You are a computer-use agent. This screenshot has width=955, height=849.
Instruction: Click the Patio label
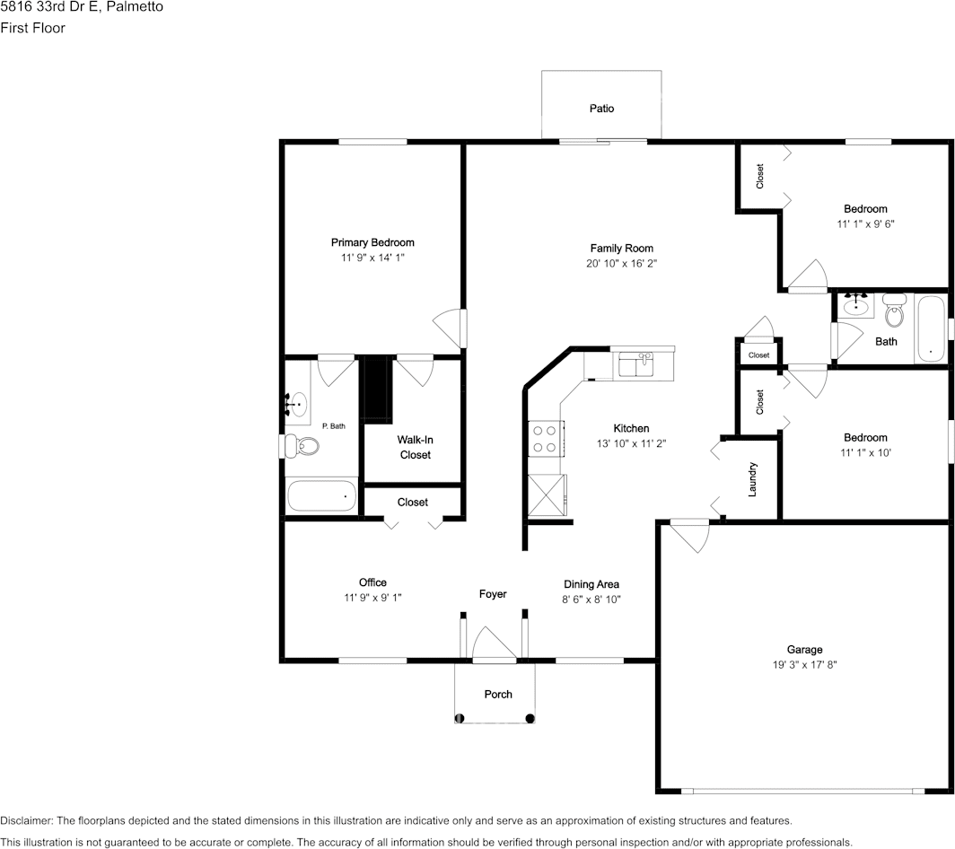click(x=601, y=109)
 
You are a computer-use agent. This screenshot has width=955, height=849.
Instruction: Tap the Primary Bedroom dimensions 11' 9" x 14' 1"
click(x=372, y=258)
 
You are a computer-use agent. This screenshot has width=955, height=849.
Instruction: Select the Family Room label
click(x=621, y=249)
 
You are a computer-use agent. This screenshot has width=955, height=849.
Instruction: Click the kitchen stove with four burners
click(x=544, y=438)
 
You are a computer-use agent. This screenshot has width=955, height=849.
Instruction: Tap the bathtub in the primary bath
click(x=321, y=495)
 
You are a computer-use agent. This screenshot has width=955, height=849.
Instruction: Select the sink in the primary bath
click(x=297, y=405)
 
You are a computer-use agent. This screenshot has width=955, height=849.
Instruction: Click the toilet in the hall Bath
click(x=893, y=312)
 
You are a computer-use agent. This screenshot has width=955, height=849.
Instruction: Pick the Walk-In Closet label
click(x=415, y=447)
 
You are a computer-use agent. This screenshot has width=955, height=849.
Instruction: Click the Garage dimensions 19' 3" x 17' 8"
click(x=804, y=665)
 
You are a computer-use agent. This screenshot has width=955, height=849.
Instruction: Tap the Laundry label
click(x=753, y=479)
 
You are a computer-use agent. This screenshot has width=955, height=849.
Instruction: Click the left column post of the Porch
click(x=460, y=717)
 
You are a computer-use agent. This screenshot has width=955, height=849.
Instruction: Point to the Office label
click(x=372, y=582)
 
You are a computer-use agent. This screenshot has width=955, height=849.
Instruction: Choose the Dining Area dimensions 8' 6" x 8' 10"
click(x=591, y=599)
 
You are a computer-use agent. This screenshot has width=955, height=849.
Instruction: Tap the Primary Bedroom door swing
click(x=449, y=328)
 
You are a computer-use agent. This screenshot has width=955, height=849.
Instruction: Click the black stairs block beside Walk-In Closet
click(x=377, y=388)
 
